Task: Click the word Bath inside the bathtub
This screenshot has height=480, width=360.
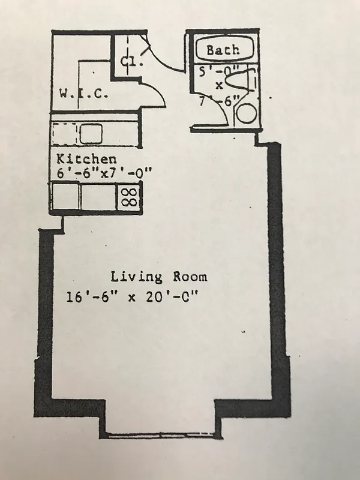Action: click(x=223, y=50)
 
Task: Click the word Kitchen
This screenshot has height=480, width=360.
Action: click(x=86, y=159)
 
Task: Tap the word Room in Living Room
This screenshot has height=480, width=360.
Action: click(x=187, y=277)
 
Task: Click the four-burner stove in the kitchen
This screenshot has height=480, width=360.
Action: click(x=129, y=197)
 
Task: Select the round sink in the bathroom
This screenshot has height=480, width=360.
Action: click(x=245, y=113)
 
